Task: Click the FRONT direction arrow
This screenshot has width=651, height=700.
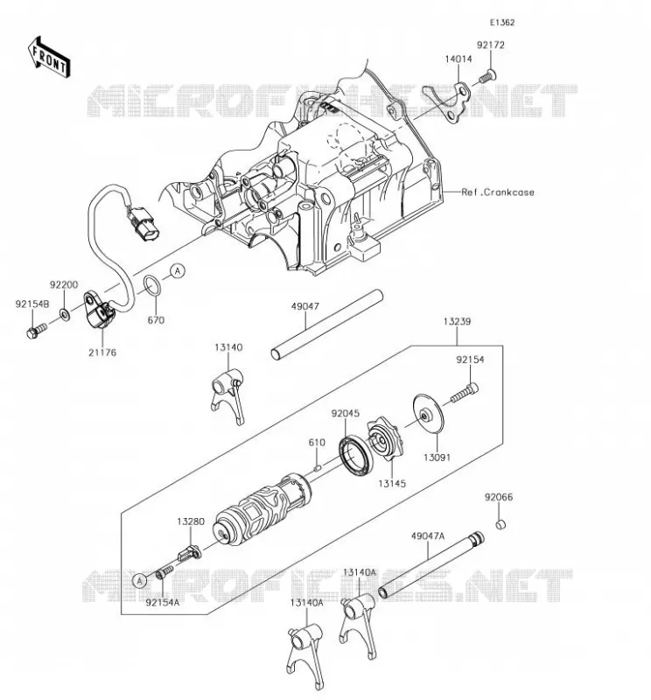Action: point(49,58)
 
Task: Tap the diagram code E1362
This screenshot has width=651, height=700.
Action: point(502,23)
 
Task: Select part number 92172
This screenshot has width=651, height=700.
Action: point(490,45)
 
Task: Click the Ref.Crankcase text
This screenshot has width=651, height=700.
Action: point(497,192)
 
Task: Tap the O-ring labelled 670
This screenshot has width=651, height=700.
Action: point(151,286)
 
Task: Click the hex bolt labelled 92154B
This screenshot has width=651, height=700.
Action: point(37,331)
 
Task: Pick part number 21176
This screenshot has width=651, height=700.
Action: point(102,353)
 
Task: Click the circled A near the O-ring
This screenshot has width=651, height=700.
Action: point(178,270)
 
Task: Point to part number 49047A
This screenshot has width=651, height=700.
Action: point(428,535)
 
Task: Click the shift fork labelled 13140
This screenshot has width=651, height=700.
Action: point(228,395)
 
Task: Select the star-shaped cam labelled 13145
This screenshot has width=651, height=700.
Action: point(384,439)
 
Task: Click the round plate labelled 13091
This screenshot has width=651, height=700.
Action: point(428,414)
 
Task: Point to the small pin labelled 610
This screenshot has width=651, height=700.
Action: point(318,468)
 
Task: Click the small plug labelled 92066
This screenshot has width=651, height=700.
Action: point(500,523)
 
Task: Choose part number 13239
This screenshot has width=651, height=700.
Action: point(457,321)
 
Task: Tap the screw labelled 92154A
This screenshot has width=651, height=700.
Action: point(165,571)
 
